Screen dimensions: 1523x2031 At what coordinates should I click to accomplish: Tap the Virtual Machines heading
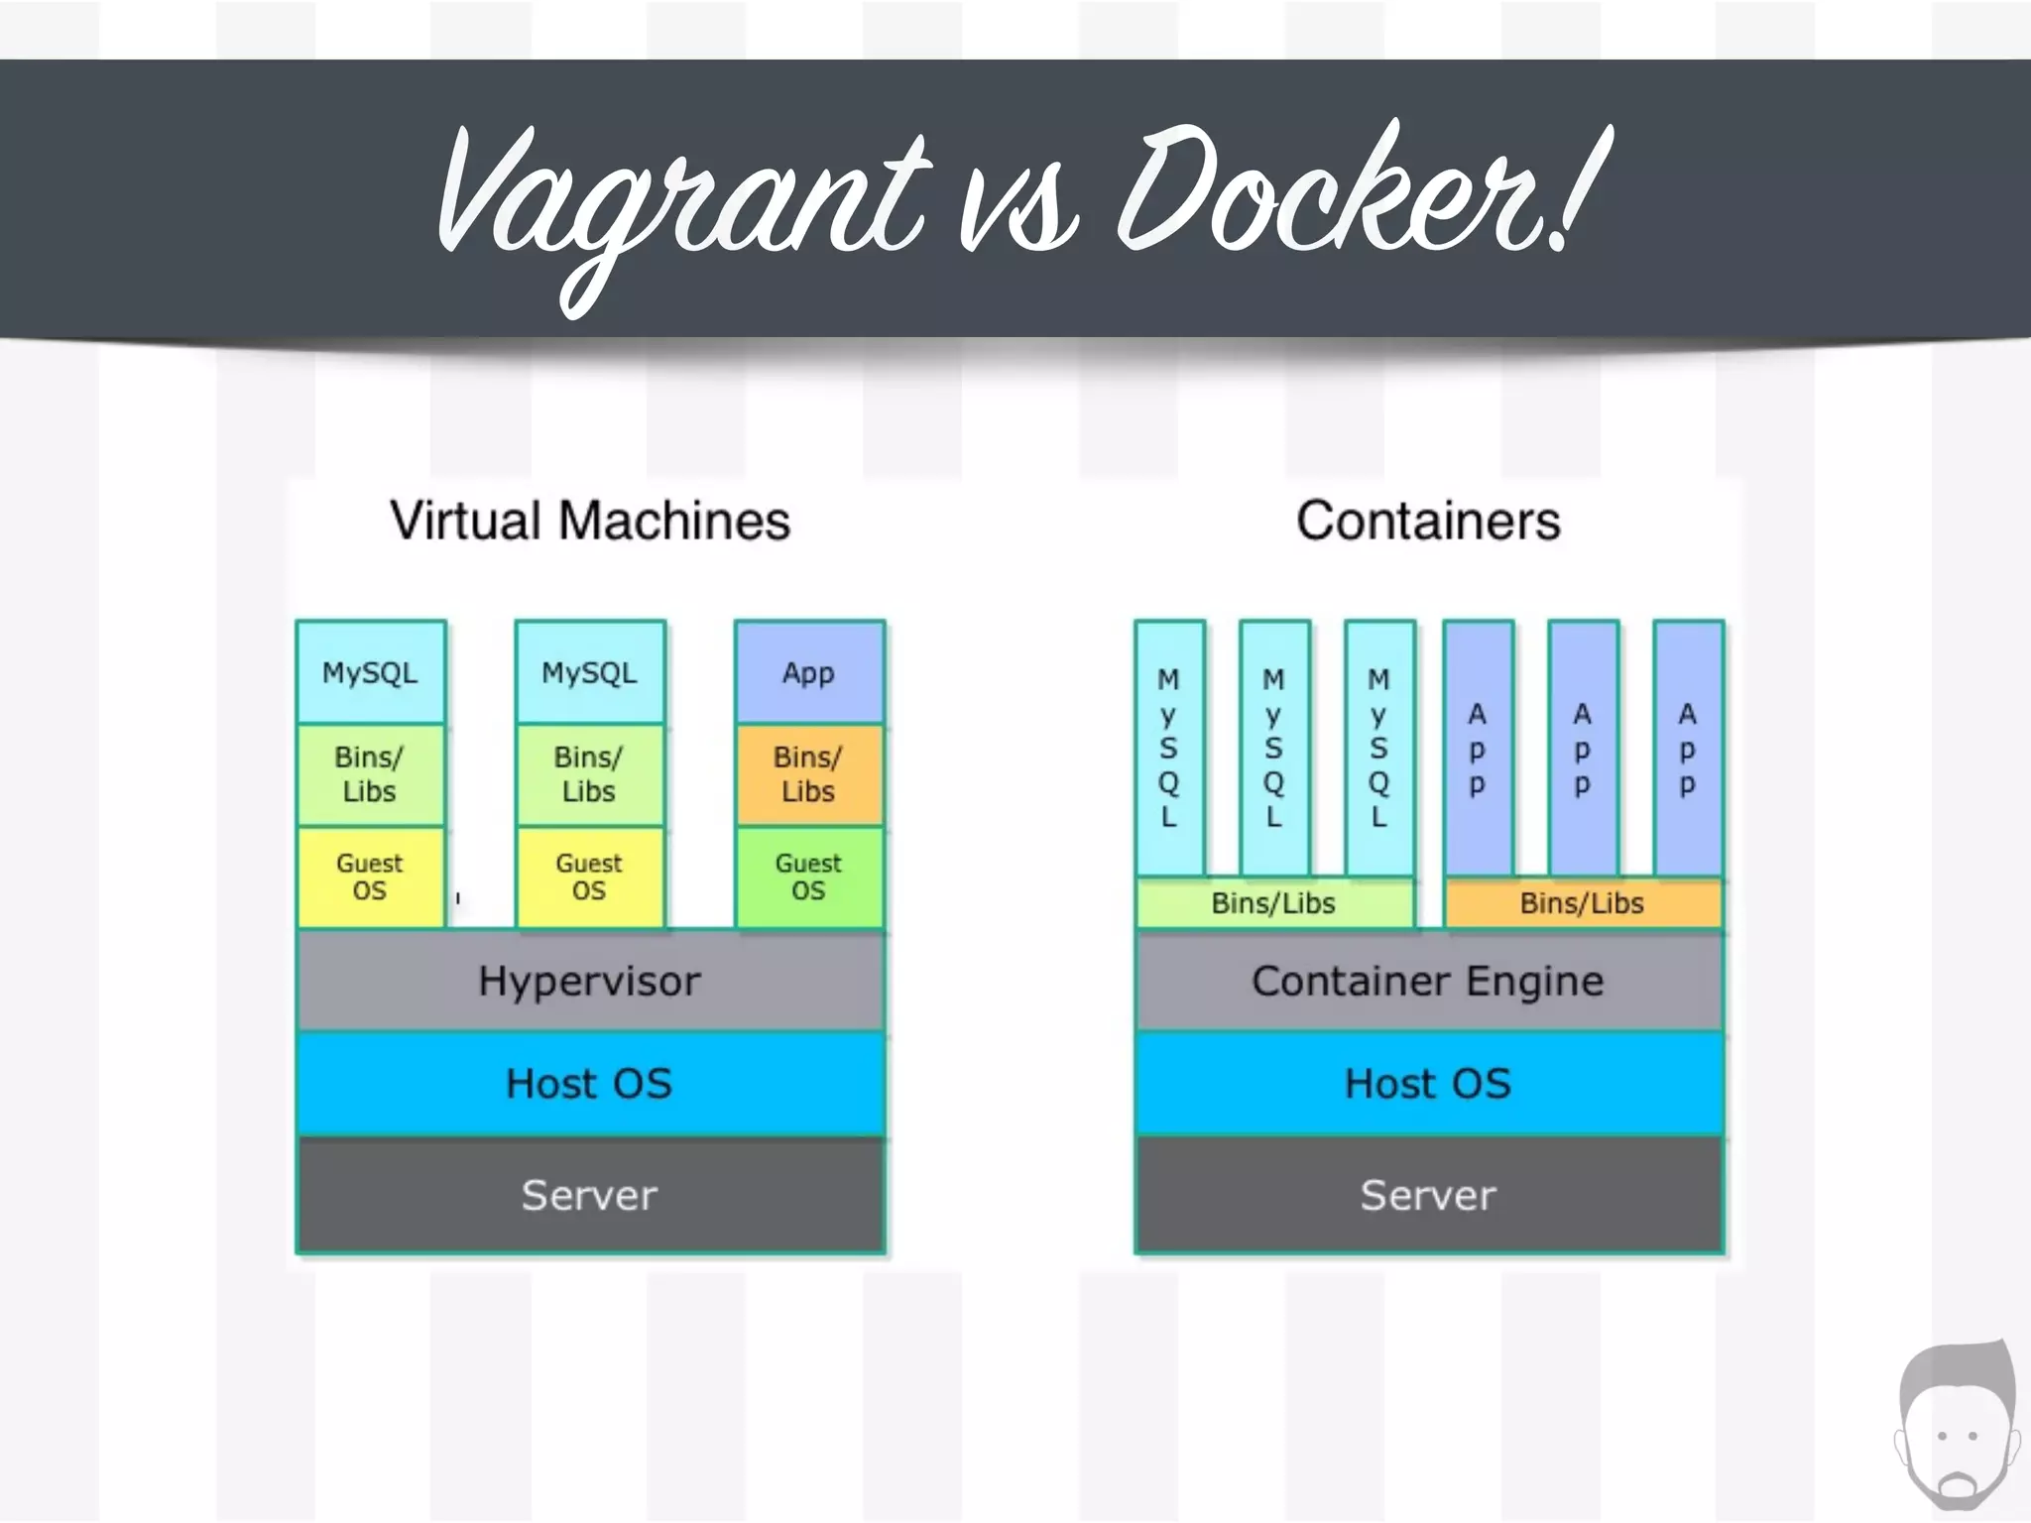[590, 521]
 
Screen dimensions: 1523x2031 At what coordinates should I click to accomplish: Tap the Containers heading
[1428, 521]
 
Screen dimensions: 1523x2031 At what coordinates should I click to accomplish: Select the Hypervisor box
[590, 981]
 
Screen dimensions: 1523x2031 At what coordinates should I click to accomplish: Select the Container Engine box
[1428, 981]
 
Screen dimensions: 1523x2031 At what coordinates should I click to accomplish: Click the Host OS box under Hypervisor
[590, 1083]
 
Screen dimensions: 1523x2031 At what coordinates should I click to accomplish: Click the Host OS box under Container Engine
[1428, 1083]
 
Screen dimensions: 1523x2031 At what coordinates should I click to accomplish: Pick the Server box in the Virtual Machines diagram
[590, 1195]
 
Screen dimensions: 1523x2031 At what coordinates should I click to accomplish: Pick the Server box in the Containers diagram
[1428, 1195]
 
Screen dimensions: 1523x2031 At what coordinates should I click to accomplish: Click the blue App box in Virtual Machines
[808, 672]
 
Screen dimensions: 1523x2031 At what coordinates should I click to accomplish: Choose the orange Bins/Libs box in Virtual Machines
[808, 774]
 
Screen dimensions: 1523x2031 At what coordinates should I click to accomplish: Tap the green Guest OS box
[808, 878]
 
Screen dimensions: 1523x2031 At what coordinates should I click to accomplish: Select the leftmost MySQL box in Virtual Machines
[370, 672]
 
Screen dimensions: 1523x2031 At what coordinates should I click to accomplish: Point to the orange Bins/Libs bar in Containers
[1582, 903]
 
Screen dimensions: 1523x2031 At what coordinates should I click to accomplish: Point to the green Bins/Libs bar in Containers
[1274, 903]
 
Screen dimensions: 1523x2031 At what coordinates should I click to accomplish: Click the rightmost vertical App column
[1688, 749]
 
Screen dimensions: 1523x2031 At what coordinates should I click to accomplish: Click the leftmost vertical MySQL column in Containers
[1169, 749]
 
